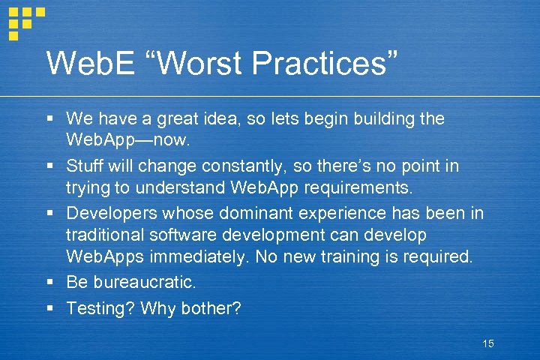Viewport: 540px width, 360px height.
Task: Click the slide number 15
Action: coord(488,343)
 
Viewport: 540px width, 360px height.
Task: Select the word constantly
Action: coord(238,165)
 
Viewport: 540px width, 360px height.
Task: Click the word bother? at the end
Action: coord(212,307)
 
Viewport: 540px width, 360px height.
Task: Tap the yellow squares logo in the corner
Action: coord(25,20)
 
